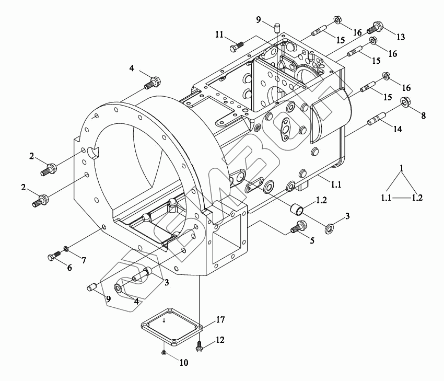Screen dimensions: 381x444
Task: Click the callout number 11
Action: coord(219,35)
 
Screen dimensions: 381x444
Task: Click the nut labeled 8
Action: coord(406,102)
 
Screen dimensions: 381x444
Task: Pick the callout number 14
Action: coord(398,129)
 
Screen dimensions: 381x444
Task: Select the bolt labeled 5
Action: coord(299,228)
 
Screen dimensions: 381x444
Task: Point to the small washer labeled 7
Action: coord(66,248)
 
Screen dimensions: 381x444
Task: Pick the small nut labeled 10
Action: coord(163,353)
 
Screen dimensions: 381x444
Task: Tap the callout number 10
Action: coord(184,362)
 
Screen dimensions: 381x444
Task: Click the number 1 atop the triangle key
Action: coord(401,168)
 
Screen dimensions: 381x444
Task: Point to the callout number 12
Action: coord(220,340)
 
